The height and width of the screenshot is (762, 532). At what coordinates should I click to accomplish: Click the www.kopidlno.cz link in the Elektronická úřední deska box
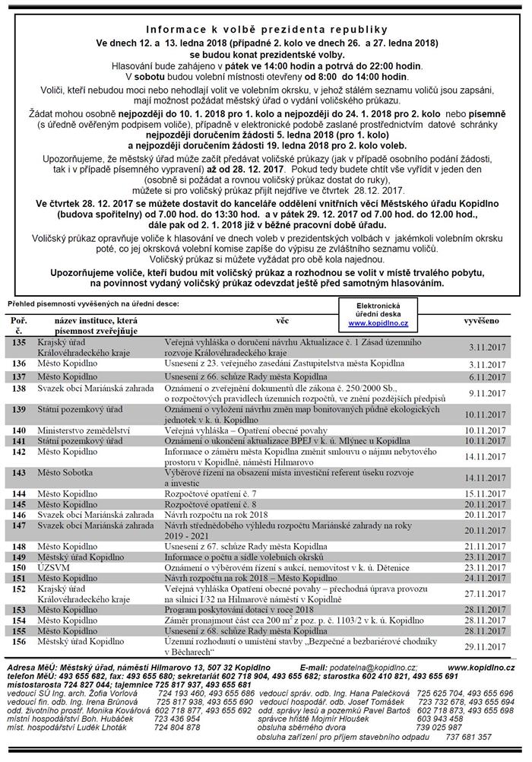click(373, 323)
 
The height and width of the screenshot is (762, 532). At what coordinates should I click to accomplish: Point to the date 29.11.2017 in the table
click(484, 645)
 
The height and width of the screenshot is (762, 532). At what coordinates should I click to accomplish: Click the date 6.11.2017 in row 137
click(486, 377)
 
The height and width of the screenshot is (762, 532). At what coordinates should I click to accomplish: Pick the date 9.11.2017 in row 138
click(486, 392)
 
